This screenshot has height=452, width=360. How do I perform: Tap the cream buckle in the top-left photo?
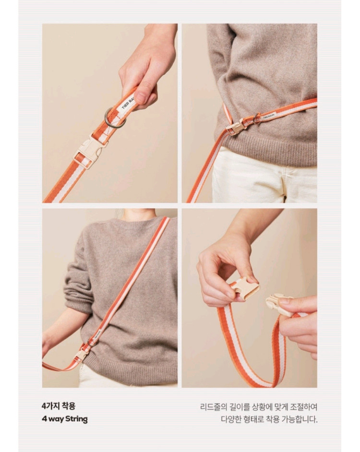89,150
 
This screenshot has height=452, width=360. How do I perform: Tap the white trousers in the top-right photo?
264,175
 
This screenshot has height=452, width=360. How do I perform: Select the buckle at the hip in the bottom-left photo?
82,355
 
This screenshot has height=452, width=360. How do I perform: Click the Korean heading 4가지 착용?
58,406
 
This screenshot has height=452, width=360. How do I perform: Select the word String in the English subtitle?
76,419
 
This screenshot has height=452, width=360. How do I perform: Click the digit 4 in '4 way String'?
44,419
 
